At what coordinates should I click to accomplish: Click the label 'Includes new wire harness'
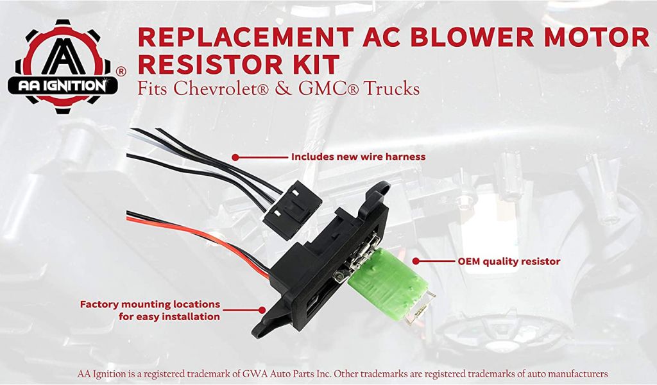(x=358, y=157)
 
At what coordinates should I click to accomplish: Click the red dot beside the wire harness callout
(x=235, y=157)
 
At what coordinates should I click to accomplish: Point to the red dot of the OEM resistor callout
(x=416, y=261)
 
